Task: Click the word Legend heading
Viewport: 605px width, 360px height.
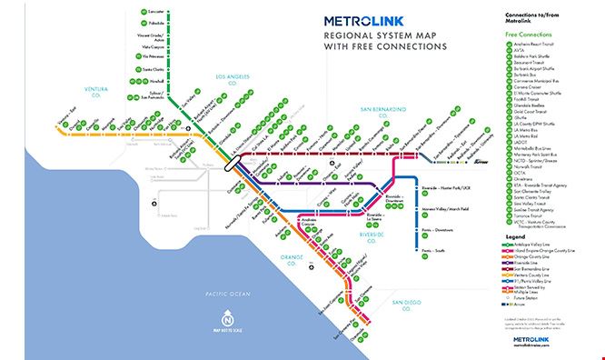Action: pos(512,239)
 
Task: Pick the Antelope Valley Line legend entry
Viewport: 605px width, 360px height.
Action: pos(537,247)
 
